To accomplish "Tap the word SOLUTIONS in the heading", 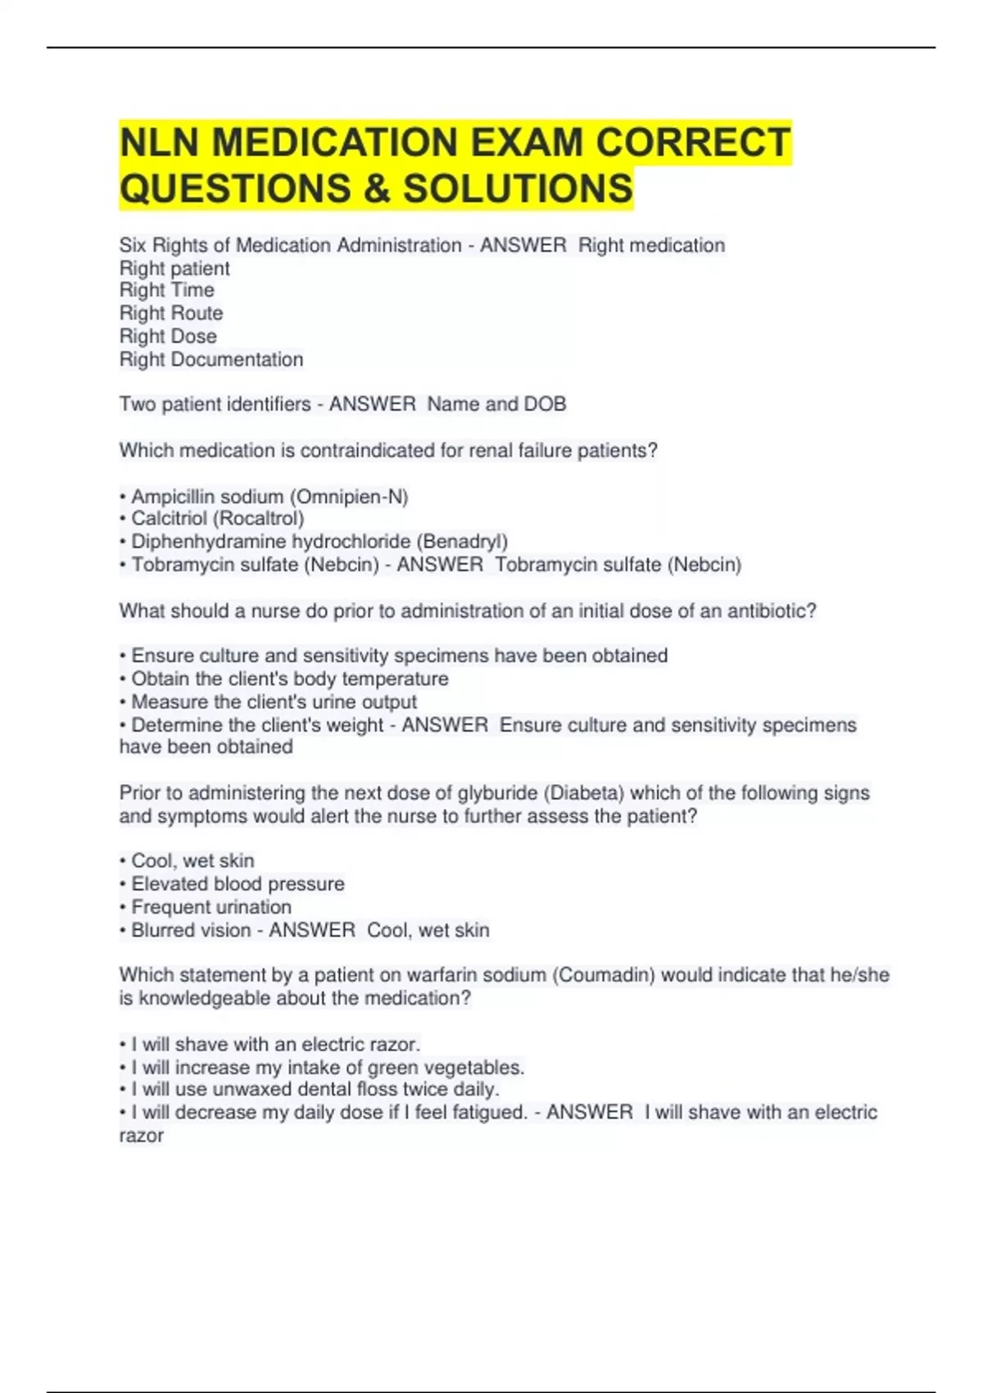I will point(518,188).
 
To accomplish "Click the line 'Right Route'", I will point(171,313).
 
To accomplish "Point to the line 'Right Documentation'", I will point(211,360).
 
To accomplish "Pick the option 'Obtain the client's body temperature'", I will point(290,679).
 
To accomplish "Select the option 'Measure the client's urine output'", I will point(274,702).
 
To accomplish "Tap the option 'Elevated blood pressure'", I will point(238,884).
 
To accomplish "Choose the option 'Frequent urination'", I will point(211,907).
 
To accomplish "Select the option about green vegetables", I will point(328,1068).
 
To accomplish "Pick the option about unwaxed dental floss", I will point(315,1090).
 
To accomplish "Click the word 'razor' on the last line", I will point(142,1136).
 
